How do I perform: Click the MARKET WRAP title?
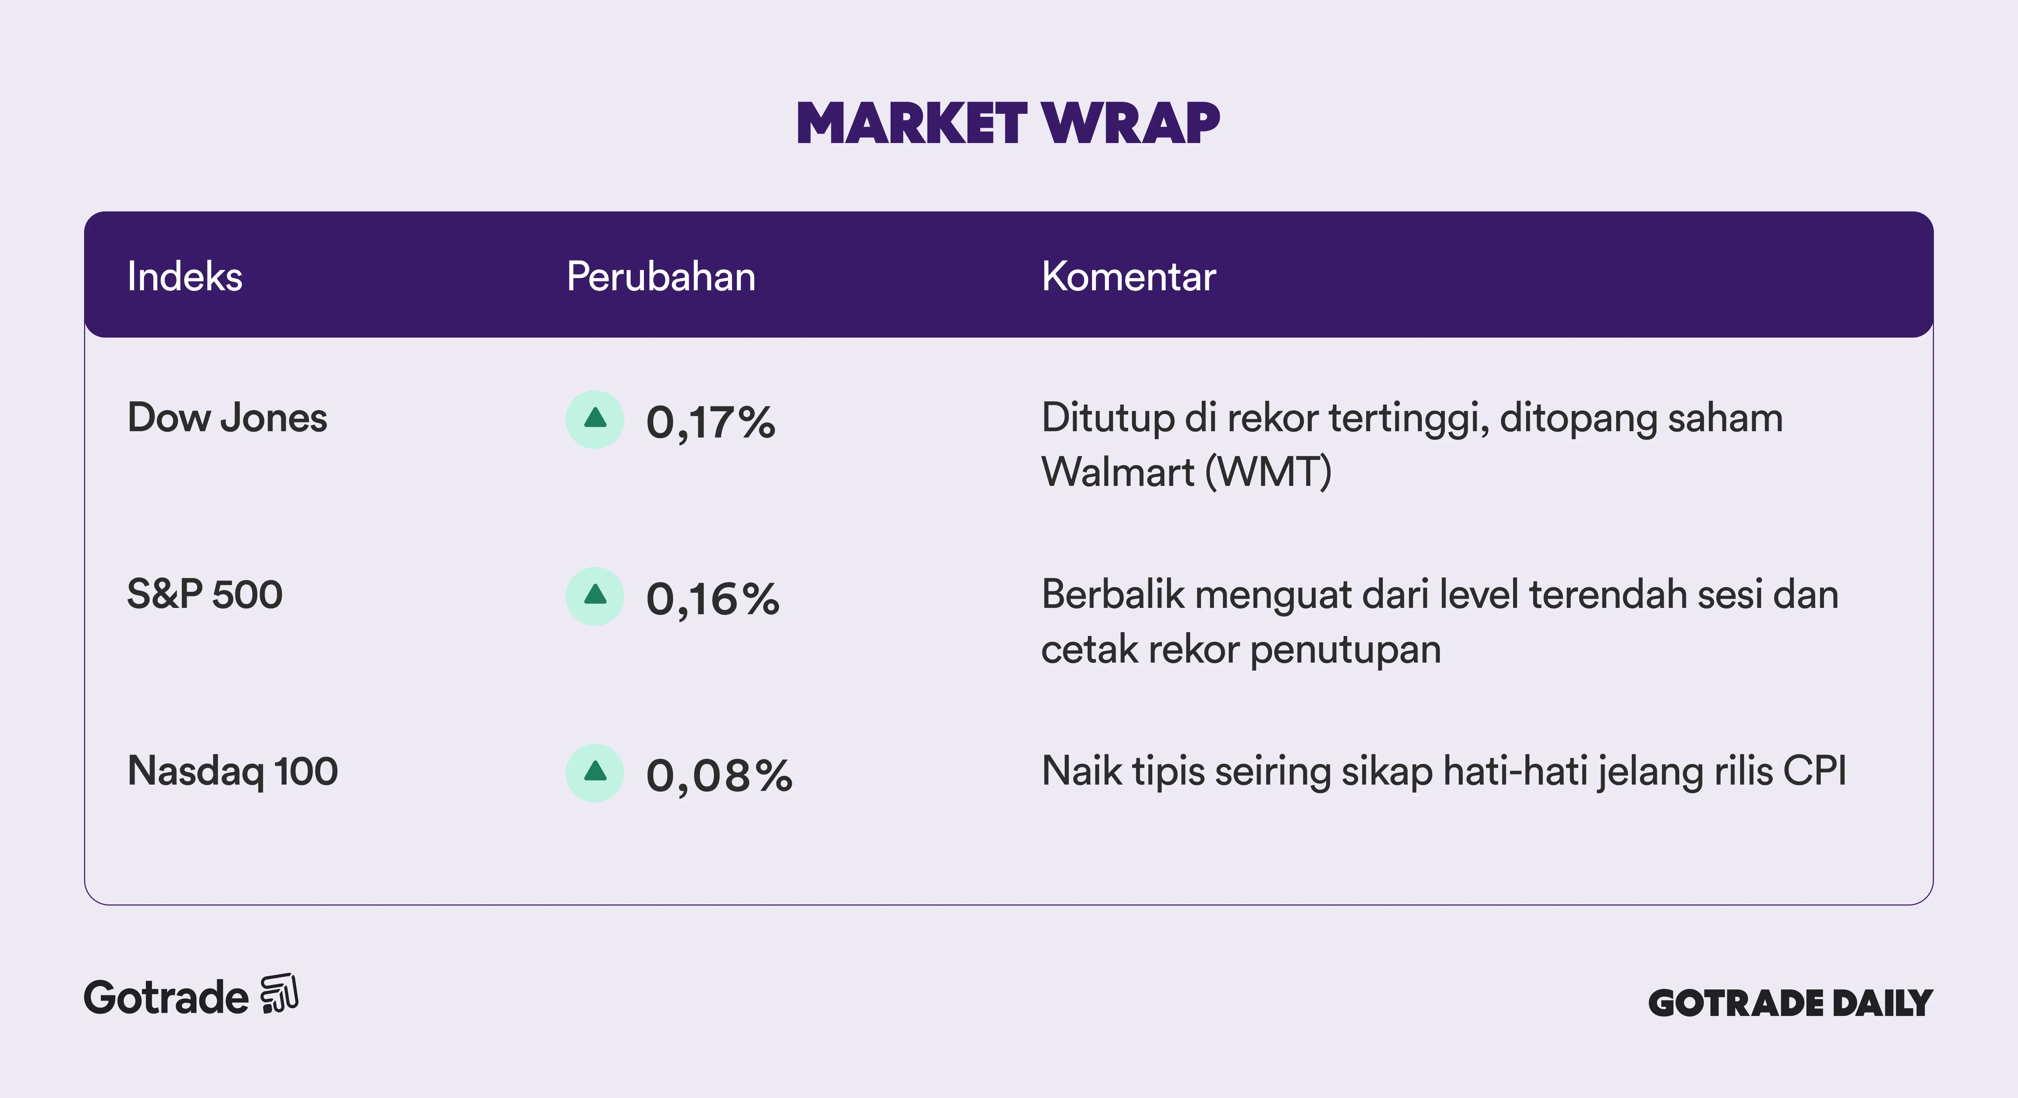[x=1008, y=124]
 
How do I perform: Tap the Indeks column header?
[x=185, y=277]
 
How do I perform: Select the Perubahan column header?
[x=661, y=277]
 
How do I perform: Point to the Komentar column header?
[x=1129, y=277]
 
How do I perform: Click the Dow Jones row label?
[x=227, y=418]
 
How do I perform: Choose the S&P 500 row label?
[x=205, y=594]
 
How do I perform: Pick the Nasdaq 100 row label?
[x=233, y=771]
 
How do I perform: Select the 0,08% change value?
[x=719, y=776]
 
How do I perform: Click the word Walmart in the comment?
[x=1118, y=473]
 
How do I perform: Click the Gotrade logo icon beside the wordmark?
[x=280, y=994]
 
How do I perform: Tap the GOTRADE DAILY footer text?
[x=1791, y=1003]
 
